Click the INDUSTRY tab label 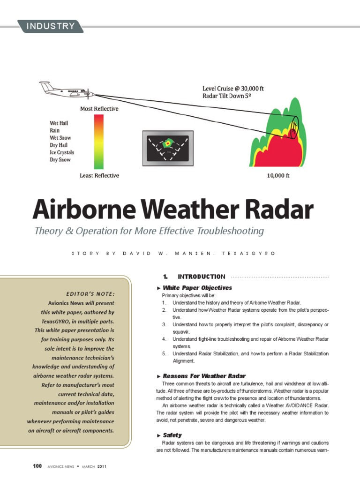point(50,26)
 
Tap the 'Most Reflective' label point(99,109)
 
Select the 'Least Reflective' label point(99,176)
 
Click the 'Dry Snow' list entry point(60,160)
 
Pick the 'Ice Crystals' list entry point(62,152)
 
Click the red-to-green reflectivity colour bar point(99,142)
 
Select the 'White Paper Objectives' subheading point(197,288)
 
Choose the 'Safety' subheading point(172,435)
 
